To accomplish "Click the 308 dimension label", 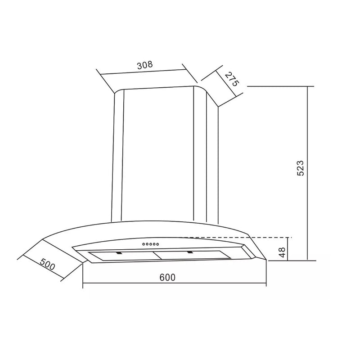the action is point(145,65).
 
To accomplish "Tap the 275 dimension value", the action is point(231,79).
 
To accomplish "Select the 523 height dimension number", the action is point(300,168).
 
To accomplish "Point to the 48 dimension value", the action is point(282,252).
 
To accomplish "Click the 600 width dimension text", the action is point(167,277).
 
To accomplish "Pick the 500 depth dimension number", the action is point(48,264).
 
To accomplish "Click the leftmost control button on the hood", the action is point(144,244).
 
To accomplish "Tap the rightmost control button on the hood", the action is point(157,244).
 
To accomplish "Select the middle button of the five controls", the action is point(150,244).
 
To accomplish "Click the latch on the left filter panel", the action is point(119,253).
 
